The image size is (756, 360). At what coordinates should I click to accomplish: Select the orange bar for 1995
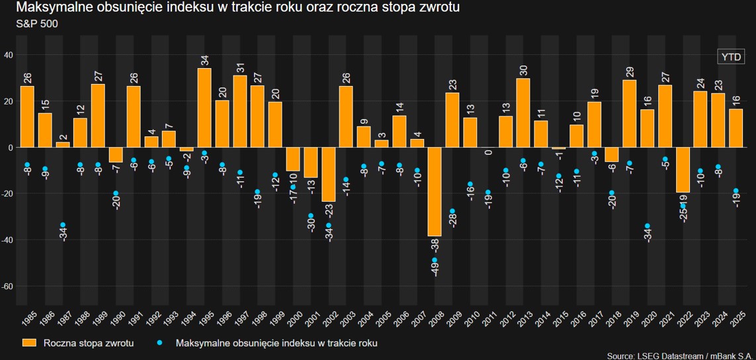(204, 107)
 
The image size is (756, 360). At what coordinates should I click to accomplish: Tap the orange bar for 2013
(523, 112)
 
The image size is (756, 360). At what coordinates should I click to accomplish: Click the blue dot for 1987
(63, 225)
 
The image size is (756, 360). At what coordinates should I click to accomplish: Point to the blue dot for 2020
(647, 226)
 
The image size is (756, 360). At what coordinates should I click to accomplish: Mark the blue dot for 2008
(435, 260)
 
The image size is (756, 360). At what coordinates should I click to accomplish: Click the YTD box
(731, 57)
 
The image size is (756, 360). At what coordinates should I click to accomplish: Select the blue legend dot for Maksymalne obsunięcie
(161, 343)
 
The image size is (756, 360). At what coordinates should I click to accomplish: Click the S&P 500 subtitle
(38, 23)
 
